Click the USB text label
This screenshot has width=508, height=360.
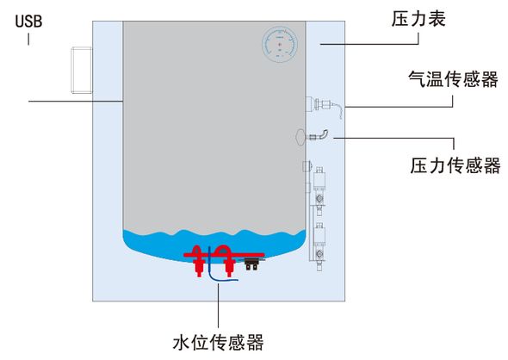pos(28,21)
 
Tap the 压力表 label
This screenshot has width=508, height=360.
pos(418,18)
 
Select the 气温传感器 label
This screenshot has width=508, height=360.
pos(453,78)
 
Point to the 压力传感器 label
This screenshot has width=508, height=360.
pos(455,165)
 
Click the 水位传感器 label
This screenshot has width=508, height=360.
pos(219,343)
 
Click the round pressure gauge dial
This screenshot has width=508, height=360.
pos(280,45)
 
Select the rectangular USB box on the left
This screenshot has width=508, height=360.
pos(82,71)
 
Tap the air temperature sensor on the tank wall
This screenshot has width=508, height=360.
pos(323,106)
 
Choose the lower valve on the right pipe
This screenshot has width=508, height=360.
pos(319,246)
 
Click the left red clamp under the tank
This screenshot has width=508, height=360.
pos(197,261)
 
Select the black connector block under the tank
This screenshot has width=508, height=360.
pos(251,264)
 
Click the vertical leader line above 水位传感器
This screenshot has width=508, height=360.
pos(218,306)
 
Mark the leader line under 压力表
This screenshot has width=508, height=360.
pos(369,44)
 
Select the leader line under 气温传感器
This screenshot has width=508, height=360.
pos(399,106)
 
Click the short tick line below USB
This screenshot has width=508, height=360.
pos(28,39)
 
